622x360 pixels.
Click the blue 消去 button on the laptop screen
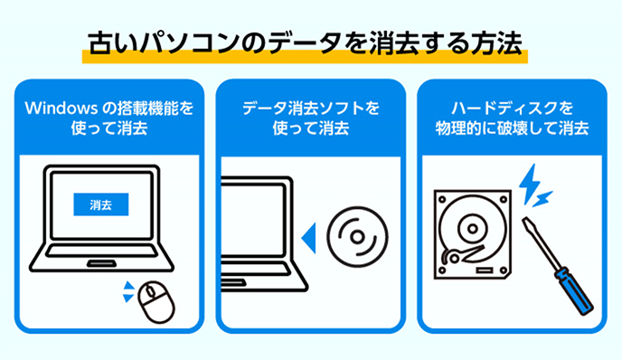coord(100,204)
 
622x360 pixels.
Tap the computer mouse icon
coord(156,302)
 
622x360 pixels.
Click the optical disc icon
coord(357,237)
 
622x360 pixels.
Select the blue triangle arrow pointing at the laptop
coord(309,238)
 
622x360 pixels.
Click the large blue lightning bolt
coord(530,184)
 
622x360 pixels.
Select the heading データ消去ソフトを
coord(311,108)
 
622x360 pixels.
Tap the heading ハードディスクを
coord(512,108)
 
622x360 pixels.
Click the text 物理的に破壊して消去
coord(512,128)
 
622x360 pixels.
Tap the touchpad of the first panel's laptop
coord(101,263)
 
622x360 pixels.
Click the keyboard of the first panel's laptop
coord(101,251)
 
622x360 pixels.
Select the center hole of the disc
coord(357,237)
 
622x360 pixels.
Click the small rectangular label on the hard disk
coord(485,270)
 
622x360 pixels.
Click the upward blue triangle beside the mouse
coord(128,286)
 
